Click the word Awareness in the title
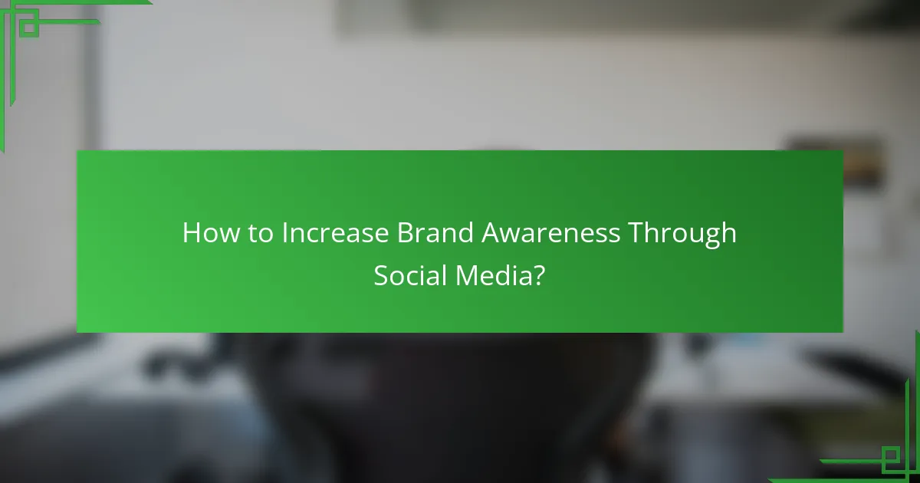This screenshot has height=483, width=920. click(550, 233)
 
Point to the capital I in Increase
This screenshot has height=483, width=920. click(285, 233)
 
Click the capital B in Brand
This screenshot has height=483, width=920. click(404, 233)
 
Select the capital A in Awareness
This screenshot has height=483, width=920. click(492, 233)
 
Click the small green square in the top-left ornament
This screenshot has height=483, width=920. click(28, 28)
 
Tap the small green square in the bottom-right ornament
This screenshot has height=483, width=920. click(890, 457)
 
